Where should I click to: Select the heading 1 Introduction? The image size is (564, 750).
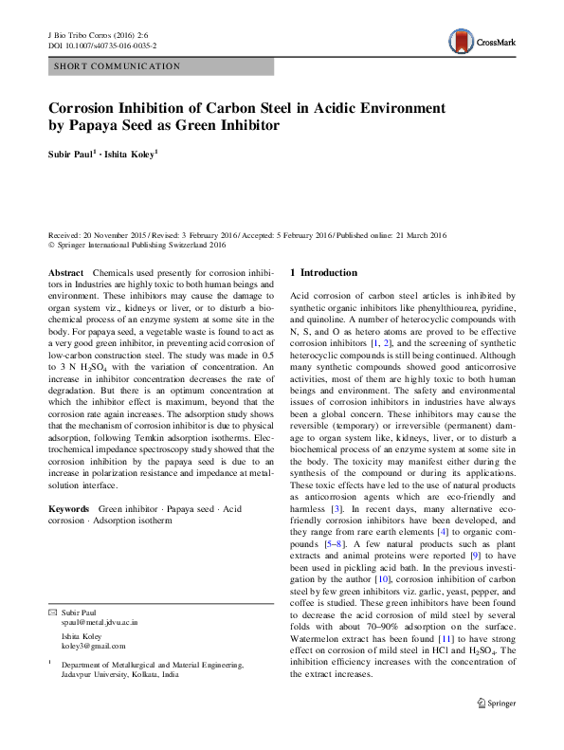pos(323,273)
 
